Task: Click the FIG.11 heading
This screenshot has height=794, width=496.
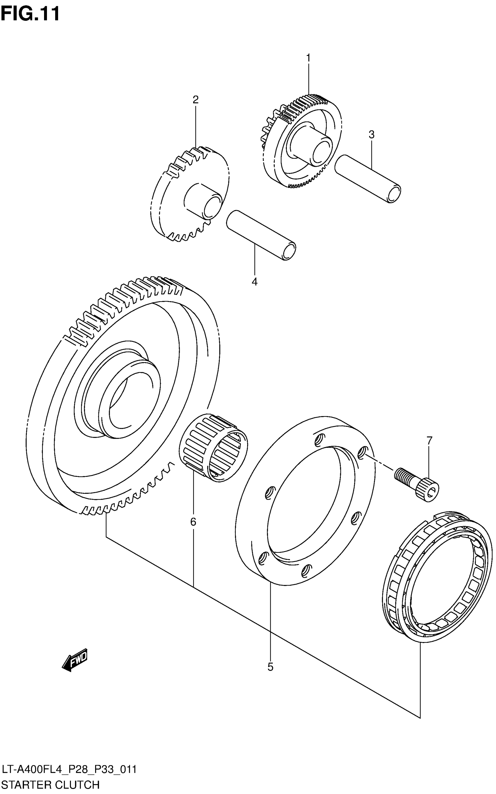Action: pyautogui.click(x=30, y=14)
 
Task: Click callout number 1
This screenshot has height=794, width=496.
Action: pyautogui.click(x=308, y=58)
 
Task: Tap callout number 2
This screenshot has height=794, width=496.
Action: pyautogui.click(x=195, y=99)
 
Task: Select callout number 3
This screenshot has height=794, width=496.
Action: pyautogui.click(x=371, y=134)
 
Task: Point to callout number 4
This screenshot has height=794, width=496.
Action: pyautogui.click(x=254, y=282)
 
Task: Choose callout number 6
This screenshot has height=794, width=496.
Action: pyautogui.click(x=193, y=521)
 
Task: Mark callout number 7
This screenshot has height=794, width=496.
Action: pyautogui.click(x=429, y=440)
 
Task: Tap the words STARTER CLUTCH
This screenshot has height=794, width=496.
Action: pyautogui.click(x=50, y=784)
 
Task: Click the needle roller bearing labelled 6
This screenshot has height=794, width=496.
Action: pyautogui.click(x=213, y=448)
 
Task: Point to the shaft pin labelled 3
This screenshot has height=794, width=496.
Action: pyautogui.click(x=367, y=179)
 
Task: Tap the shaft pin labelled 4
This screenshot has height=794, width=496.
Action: pyautogui.click(x=261, y=235)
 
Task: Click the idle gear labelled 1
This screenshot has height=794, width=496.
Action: pyautogui.click(x=302, y=141)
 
